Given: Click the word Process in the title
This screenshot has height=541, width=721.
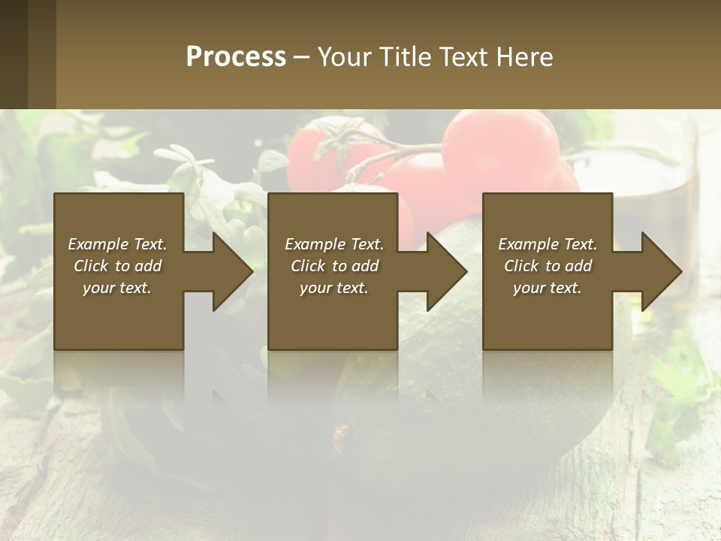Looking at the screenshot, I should coord(236,57).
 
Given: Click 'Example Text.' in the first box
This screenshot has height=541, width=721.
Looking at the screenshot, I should coord(117,244).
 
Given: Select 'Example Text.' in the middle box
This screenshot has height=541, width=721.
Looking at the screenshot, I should coord(334,244).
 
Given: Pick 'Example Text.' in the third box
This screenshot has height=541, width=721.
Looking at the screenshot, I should coord(548,244).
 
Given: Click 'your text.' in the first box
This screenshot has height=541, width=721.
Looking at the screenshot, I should coord(117,288).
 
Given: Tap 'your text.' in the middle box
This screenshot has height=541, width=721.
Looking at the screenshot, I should coord(334,288).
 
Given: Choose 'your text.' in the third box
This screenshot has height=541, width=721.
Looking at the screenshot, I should coord(548,288).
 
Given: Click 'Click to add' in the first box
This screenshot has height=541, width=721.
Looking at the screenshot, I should coord(117,266).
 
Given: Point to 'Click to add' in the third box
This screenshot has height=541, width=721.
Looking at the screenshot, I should coord(548,266).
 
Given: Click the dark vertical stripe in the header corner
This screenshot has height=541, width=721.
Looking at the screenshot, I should coord(42,54).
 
